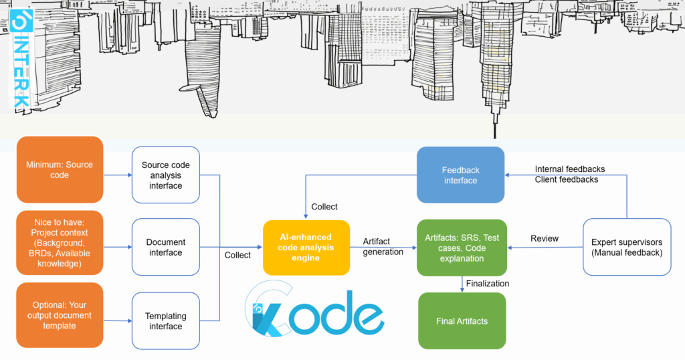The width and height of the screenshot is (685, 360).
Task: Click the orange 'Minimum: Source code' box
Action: click(x=60, y=170)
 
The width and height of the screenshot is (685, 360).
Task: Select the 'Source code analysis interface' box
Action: click(x=165, y=175)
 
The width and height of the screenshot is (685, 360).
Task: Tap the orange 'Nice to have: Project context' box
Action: click(x=60, y=242)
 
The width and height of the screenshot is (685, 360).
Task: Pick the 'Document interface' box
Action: click(x=165, y=247)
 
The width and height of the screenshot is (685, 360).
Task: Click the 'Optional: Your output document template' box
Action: click(x=60, y=315)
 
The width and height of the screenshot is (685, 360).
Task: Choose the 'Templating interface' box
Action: click(x=165, y=321)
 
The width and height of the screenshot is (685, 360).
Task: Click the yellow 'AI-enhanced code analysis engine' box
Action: click(x=306, y=247)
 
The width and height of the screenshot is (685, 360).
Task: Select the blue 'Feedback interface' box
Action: click(x=460, y=175)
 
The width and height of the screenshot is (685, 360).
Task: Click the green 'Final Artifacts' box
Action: click(x=462, y=321)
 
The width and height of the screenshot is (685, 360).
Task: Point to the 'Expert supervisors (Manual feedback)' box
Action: click(x=627, y=247)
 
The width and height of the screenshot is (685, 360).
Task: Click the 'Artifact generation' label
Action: click(x=383, y=246)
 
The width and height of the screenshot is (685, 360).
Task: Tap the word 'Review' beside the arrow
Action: click(x=545, y=238)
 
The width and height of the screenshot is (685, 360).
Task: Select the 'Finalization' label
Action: click(x=487, y=283)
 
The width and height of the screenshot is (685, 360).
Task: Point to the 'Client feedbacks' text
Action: click(x=566, y=179)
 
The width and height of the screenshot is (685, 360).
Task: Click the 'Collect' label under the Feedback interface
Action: click(x=324, y=207)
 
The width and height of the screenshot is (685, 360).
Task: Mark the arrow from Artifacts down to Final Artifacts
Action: click(x=462, y=284)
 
